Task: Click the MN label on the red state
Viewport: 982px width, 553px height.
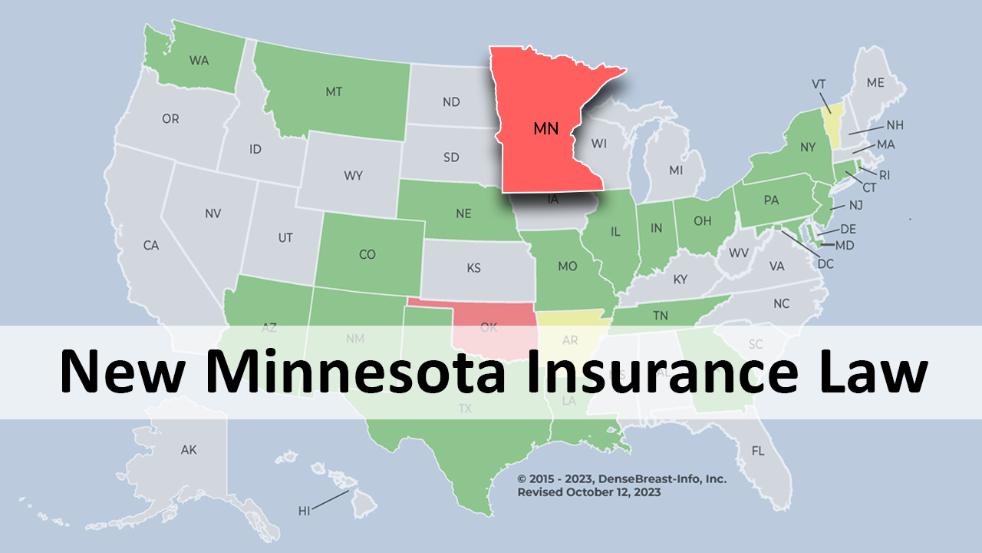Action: click(x=545, y=129)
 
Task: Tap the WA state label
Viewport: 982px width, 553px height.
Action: click(x=199, y=61)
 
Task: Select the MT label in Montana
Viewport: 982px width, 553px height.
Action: click(x=334, y=91)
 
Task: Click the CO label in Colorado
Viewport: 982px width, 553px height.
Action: click(x=367, y=254)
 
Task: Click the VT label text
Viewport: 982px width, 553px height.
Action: click(x=819, y=83)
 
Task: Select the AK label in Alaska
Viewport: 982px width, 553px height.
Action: click(x=189, y=450)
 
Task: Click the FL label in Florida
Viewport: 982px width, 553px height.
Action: click(x=758, y=451)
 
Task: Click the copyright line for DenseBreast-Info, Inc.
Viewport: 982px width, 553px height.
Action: click(x=621, y=478)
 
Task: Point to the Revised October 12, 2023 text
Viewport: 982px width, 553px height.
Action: click(x=588, y=492)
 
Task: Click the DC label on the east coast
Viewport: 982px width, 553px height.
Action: click(x=825, y=263)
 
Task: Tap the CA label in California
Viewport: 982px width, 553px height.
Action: click(x=151, y=246)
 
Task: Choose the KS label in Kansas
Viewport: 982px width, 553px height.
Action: click(x=473, y=268)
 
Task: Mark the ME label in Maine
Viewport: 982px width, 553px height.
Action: click(x=875, y=82)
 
